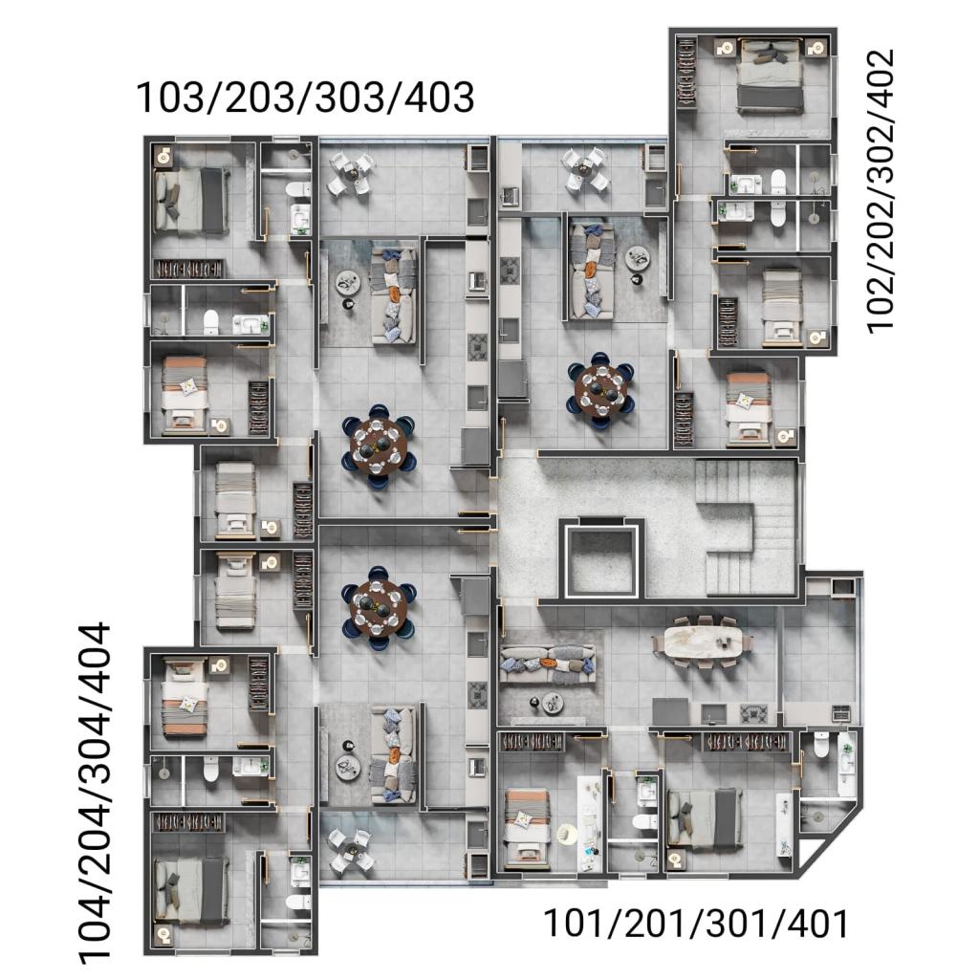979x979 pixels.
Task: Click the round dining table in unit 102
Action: (600, 391)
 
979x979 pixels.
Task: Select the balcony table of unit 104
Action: (351, 850)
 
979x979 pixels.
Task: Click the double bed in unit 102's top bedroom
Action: (770, 76)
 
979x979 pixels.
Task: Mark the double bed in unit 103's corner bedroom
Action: (191, 201)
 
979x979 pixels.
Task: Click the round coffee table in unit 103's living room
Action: (347, 283)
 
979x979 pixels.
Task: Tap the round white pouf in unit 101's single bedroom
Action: (567, 834)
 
